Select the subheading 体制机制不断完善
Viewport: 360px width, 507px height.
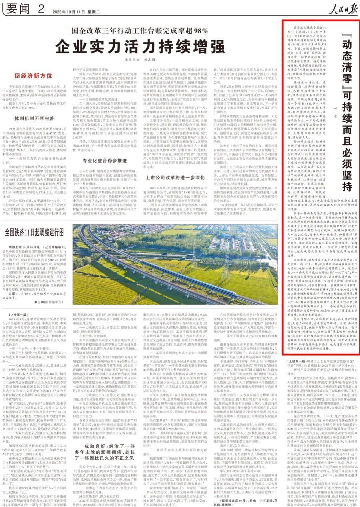pyautogui.click(x=34, y=118)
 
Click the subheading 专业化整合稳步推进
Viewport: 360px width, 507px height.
pyautogui.click(x=105, y=161)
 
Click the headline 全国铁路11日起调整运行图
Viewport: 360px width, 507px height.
pyautogui.click(x=34, y=232)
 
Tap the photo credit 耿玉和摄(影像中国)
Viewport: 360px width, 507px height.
pyautogui.click(x=48, y=302)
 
